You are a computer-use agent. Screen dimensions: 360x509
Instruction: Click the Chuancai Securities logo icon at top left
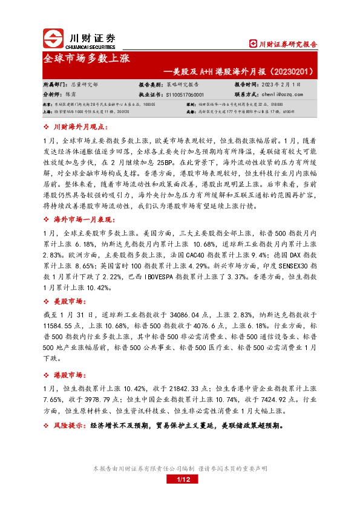tap(54, 39)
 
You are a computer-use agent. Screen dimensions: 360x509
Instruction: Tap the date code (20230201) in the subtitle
tap(290, 72)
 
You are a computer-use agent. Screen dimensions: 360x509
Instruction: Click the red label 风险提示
tap(70, 426)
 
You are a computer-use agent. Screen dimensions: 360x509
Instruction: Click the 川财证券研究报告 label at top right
tap(284, 44)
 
